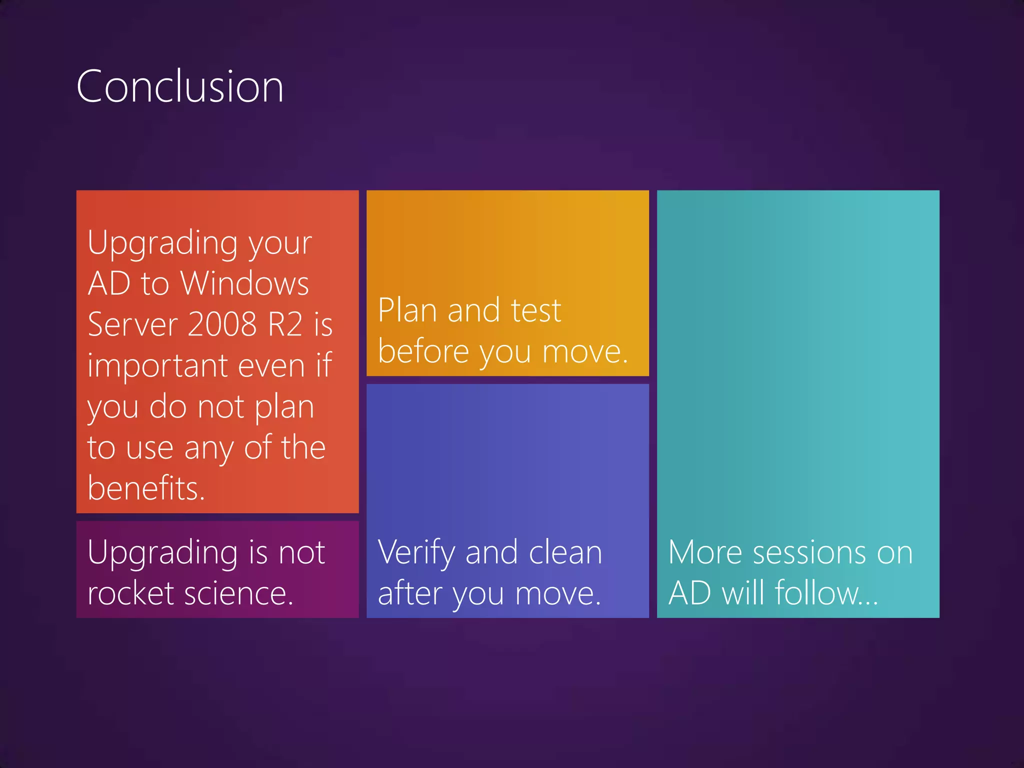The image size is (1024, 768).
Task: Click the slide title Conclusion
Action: point(180,86)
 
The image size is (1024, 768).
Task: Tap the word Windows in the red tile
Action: point(244,283)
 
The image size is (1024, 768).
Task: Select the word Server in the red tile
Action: point(132,324)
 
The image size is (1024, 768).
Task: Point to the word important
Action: point(158,365)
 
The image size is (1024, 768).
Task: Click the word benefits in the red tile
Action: point(145,488)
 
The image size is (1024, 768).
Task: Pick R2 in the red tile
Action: point(285,324)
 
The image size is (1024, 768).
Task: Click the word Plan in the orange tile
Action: point(407,310)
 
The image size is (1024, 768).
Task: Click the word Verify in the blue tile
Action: point(416,553)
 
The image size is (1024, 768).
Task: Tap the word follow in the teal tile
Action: point(825,593)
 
